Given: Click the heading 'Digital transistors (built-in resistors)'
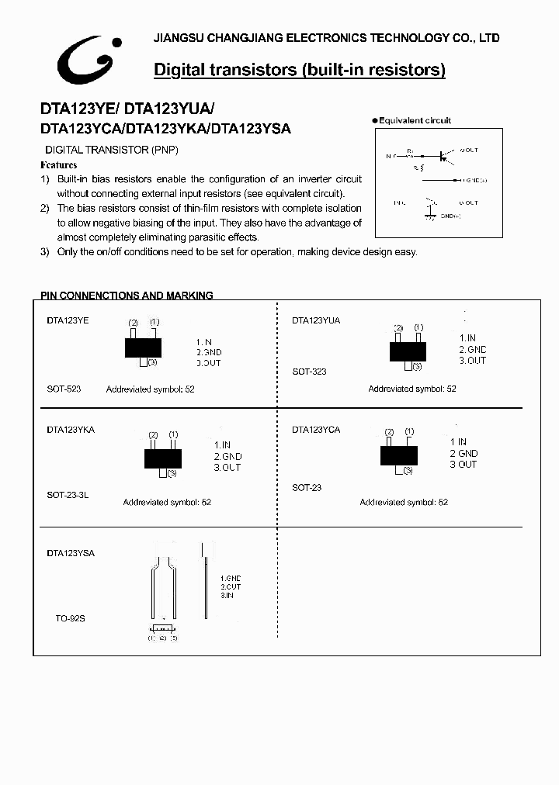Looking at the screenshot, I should pos(299,70).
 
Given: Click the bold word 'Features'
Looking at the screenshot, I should pos(59,165).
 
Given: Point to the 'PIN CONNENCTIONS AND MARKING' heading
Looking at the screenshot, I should pos(127,296).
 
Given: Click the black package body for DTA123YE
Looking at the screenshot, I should pos(143,347).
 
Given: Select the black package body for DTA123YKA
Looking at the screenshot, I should pos(162,458).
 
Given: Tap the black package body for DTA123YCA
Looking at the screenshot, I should pos(399,455).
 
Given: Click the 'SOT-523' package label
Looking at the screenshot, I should pos(64,389).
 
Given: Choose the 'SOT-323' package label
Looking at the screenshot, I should pos(309,372).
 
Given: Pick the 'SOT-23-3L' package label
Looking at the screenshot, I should pos(68,495).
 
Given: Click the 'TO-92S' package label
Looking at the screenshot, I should pos(70,619).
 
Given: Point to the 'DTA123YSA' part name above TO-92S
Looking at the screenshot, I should pos(71,553).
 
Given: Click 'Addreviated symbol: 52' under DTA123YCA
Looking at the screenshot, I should pos(404,503).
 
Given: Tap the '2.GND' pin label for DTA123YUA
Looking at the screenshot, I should pos(472,349).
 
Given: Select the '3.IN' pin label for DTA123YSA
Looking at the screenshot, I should pos(227,595).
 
